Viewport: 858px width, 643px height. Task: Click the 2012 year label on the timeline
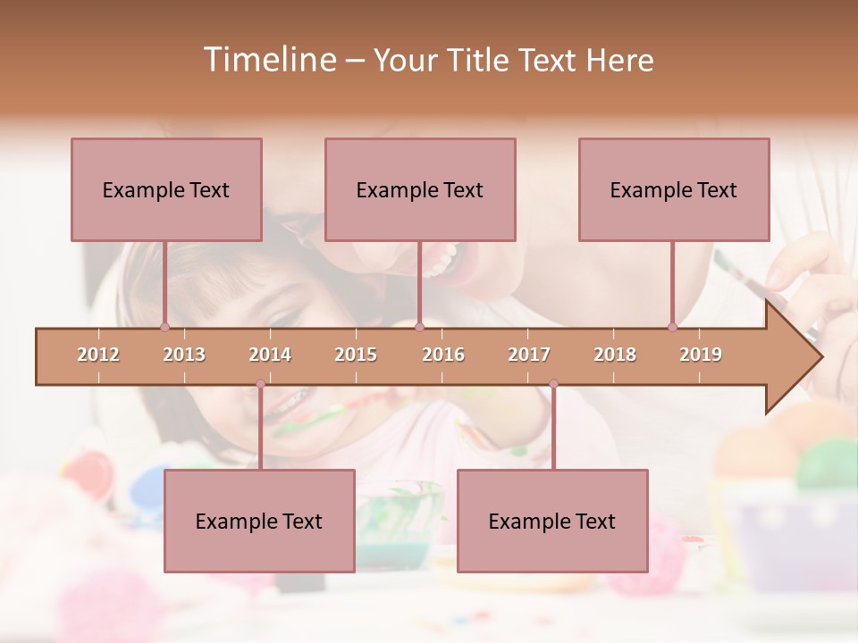click(x=98, y=355)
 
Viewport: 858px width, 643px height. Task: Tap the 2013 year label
click(x=184, y=355)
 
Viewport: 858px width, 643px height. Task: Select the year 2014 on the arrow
click(x=270, y=355)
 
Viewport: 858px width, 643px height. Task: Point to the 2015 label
click(x=356, y=355)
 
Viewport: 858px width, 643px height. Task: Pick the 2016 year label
click(x=443, y=355)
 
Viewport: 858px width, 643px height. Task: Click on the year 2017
click(x=529, y=355)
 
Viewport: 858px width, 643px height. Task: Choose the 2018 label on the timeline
click(x=615, y=355)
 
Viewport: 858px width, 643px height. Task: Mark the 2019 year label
click(x=701, y=355)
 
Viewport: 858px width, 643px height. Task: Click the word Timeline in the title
click(x=268, y=60)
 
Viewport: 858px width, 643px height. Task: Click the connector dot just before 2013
click(x=164, y=328)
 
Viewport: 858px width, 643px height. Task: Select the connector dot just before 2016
click(x=419, y=328)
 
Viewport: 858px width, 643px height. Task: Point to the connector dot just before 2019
click(x=672, y=328)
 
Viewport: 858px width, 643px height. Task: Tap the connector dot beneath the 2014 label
click(x=260, y=384)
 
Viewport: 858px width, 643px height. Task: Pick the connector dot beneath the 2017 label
click(x=553, y=384)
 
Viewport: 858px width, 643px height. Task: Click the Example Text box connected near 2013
click(x=166, y=189)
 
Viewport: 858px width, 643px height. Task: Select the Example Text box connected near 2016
click(x=420, y=189)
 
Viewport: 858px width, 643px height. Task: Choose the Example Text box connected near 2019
click(x=674, y=189)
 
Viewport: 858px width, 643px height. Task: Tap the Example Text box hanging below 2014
click(x=259, y=521)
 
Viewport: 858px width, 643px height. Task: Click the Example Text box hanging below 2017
click(x=552, y=521)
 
